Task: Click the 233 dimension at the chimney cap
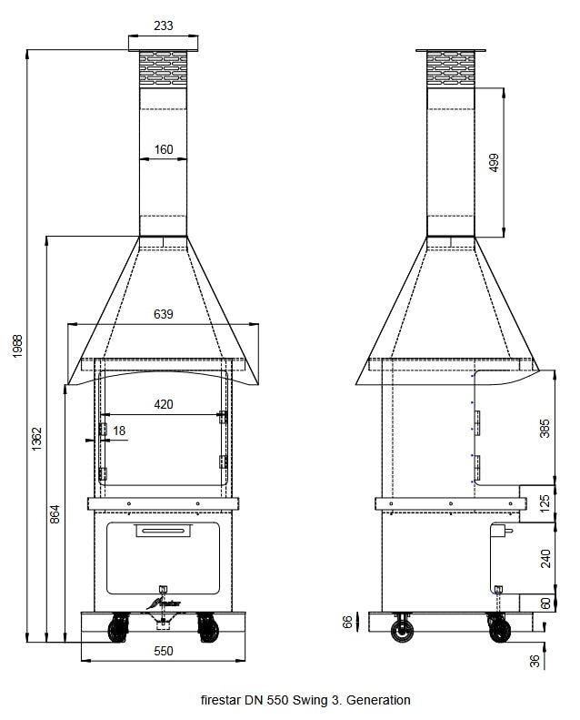tap(163, 26)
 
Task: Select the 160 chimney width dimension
tap(164, 150)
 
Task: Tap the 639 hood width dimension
tap(163, 315)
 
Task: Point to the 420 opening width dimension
tap(163, 404)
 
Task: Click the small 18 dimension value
tap(120, 430)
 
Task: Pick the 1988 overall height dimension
tap(18, 346)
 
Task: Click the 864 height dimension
tap(55, 514)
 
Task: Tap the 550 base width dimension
tap(163, 651)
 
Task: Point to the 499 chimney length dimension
tap(495, 162)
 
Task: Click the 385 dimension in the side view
tap(545, 428)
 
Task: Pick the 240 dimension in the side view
tap(545, 557)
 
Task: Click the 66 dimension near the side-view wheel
tap(346, 622)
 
